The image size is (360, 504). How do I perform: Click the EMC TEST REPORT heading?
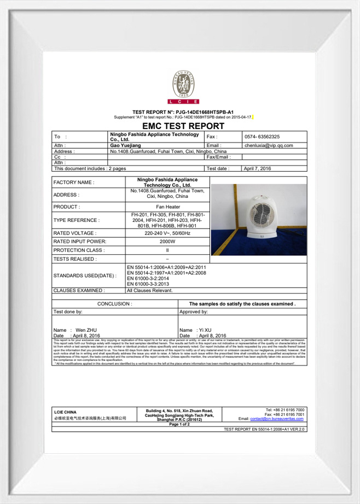pyautogui.click(x=179, y=126)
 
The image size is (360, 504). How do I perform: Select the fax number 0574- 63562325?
pyautogui.click(x=262, y=137)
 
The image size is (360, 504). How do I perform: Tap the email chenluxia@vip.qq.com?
pyautogui.click(x=269, y=145)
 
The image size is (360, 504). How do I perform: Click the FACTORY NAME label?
pyautogui.click(x=74, y=182)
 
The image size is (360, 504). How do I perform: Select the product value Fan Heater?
pyautogui.click(x=167, y=207)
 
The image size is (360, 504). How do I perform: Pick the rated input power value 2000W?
pyautogui.click(x=167, y=241)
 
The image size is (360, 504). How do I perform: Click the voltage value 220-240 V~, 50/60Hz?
pyautogui.click(x=167, y=233)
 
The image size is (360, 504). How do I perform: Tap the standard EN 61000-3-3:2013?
pyautogui.click(x=148, y=284)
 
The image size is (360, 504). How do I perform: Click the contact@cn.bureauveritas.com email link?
pyautogui.click(x=277, y=418)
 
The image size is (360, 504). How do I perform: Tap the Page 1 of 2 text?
pyautogui.click(x=179, y=424)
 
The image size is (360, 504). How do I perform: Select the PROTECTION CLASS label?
pyautogui.click(x=79, y=250)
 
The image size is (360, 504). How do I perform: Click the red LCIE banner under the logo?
pyautogui.click(x=183, y=102)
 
